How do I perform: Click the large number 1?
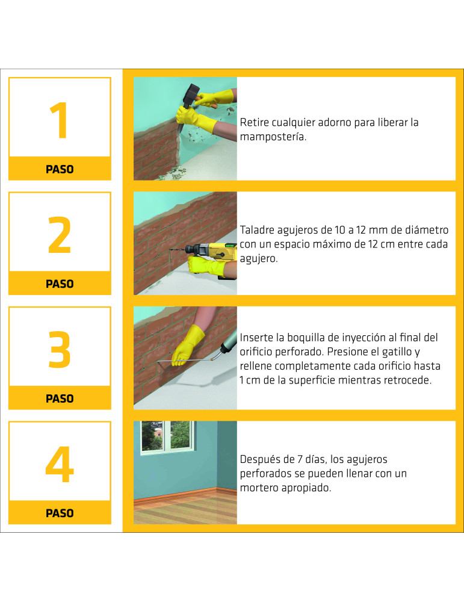(x=59, y=120)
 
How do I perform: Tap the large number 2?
(x=60, y=235)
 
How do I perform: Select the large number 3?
(x=60, y=349)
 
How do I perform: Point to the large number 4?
(x=60, y=464)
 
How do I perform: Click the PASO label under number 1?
(x=60, y=169)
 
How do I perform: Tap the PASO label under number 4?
(x=60, y=514)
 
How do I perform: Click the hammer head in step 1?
(x=191, y=96)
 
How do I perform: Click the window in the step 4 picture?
(x=167, y=437)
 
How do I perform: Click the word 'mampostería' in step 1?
(x=273, y=137)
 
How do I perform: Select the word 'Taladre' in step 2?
(x=257, y=231)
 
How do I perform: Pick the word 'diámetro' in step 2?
(x=425, y=230)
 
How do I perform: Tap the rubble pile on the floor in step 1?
(x=175, y=173)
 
